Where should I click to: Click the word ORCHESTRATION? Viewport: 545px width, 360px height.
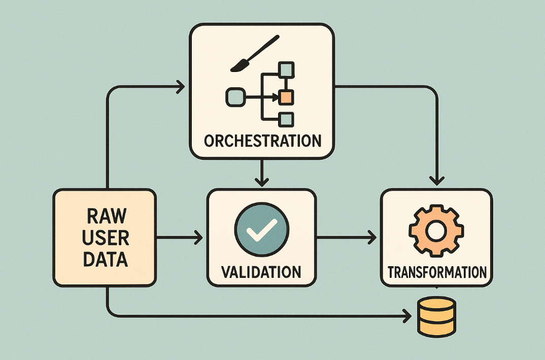pos(262,140)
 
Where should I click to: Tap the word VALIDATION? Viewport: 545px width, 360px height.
pos(261,272)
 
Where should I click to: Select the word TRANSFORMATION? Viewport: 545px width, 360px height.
pos(436,272)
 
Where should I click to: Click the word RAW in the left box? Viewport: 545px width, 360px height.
pos(106,216)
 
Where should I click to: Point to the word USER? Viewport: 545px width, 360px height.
pos(106,238)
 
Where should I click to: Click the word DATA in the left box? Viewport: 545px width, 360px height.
pos(106,260)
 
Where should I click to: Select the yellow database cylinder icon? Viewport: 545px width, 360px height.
pos(436,316)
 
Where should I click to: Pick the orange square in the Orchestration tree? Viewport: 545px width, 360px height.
pos(287,96)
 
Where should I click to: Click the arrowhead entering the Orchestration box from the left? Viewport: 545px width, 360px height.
pos(180,87)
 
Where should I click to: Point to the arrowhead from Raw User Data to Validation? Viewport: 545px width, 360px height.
pos(198,237)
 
